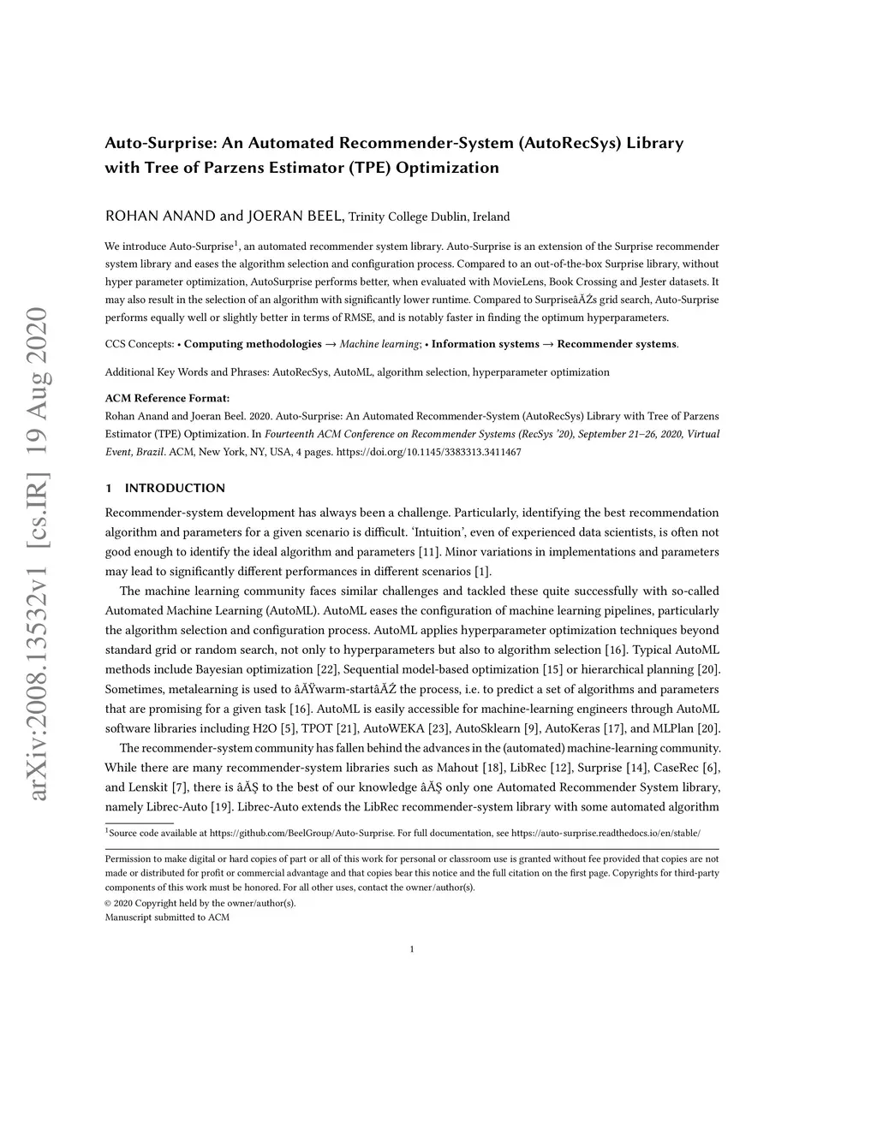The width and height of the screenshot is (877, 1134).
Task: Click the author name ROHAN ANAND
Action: tap(160, 216)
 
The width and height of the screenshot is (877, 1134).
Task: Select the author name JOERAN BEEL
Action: tap(295, 216)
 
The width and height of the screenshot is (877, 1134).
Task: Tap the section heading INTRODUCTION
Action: tap(175, 489)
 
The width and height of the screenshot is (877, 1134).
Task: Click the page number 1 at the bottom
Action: tap(412, 948)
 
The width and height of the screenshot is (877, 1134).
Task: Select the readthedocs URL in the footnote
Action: tap(606, 833)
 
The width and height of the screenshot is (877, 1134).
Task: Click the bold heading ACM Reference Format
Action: tap(167, 398)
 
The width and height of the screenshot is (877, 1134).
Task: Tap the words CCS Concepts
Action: tap(140, 344)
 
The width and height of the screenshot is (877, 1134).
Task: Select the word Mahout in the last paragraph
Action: tap(457, 767)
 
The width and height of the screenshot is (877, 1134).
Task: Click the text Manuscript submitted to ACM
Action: tap(167, 917)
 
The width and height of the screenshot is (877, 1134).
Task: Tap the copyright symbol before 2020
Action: tap(108, 903)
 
